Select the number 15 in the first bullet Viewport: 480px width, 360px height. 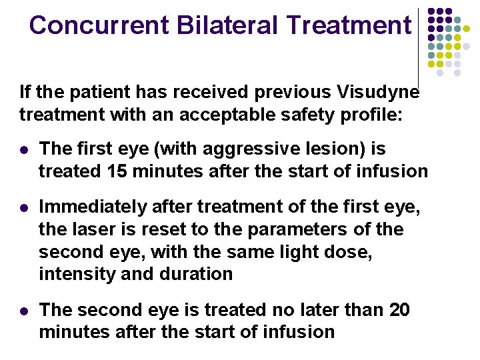point(119,171)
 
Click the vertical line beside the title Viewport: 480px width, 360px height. point(419,40)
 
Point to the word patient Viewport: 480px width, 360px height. point(91,91)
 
